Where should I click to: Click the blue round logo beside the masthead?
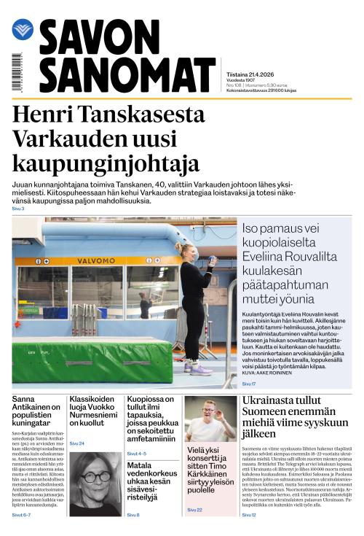[23, 30]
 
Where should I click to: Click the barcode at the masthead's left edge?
[17, 73]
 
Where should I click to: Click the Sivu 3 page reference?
[18, 209]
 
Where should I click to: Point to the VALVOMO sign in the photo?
[92, 260]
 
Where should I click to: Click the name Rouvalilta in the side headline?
[310, 256]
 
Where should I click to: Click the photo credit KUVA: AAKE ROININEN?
[268, 373]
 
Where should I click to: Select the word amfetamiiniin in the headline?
[150, 440]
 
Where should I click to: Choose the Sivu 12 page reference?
[248, 515]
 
